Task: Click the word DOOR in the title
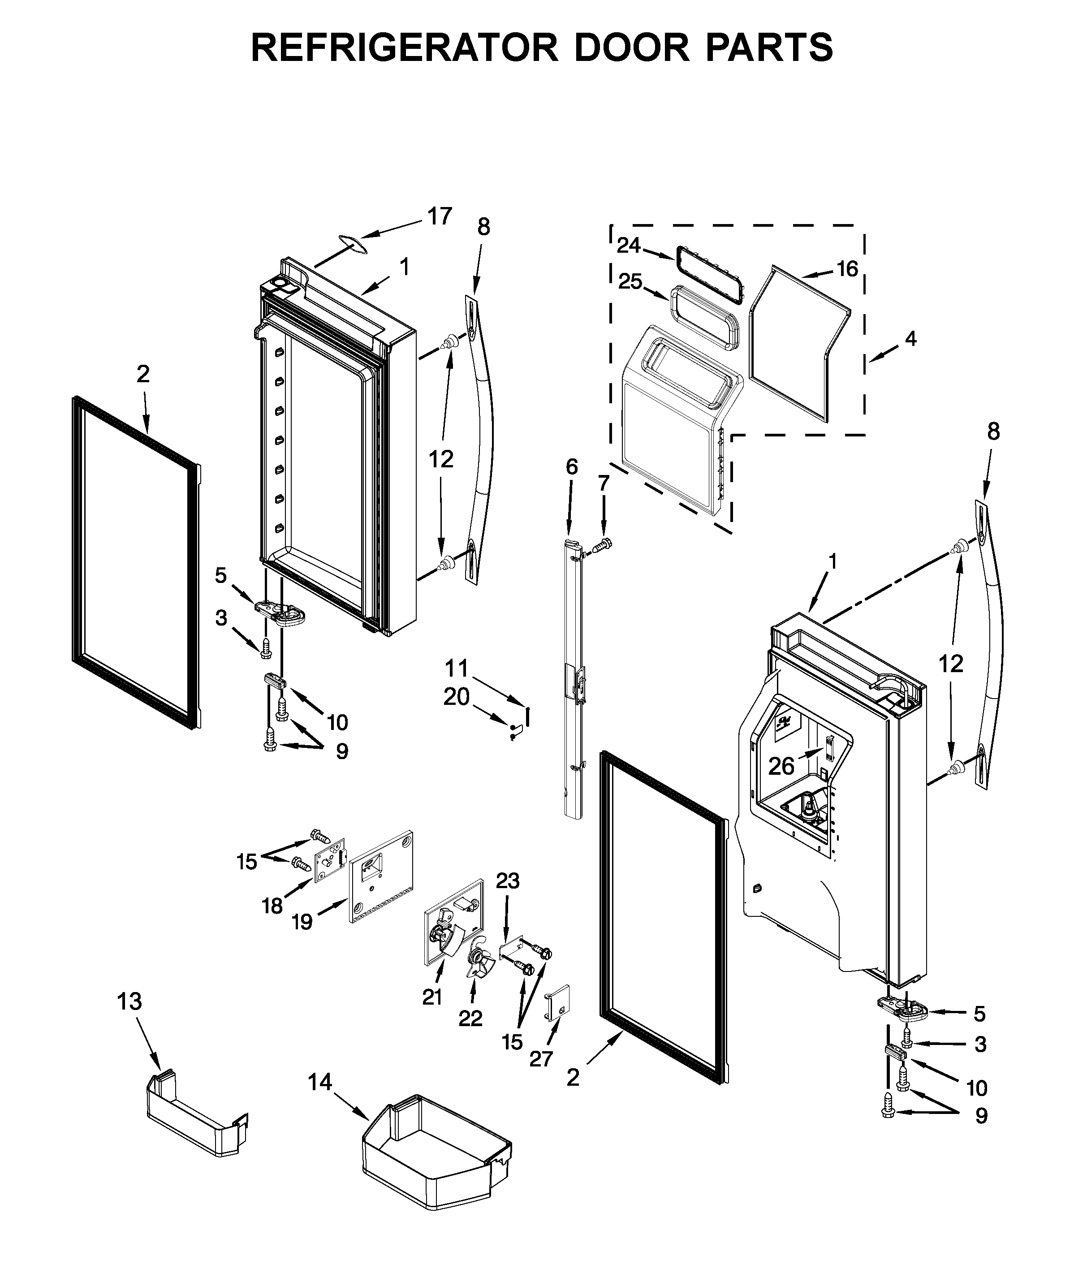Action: click(x=631, y=47)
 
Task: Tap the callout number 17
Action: click(x=439, y=216)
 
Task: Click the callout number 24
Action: click(x=628, y=246)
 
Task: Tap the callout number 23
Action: click(x=507, y=881)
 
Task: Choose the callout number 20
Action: click(x=456, y=697)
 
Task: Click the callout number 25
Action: click(x=630, y=282)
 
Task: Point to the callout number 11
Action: click(x=456, y=668)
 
